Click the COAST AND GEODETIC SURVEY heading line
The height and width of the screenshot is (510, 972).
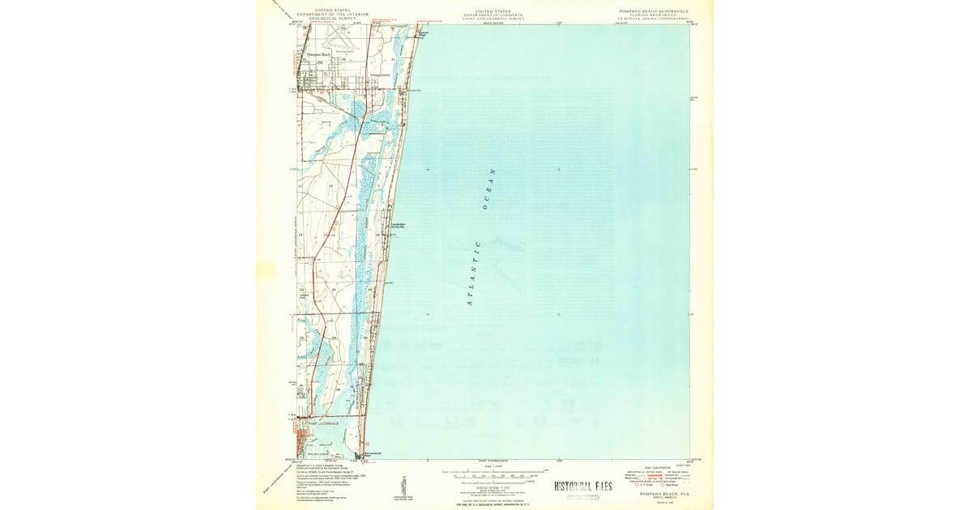point(493,18)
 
